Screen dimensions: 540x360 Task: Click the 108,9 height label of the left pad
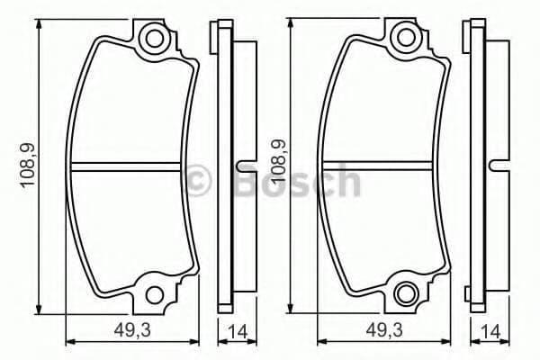point(28,166)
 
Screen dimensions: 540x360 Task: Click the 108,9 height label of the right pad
point(279,160)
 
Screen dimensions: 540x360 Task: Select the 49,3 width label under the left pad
point(132,331)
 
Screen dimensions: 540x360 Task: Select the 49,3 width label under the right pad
point(384,331)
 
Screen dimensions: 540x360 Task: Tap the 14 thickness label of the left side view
point(238,332)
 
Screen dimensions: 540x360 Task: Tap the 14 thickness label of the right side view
point(490,332)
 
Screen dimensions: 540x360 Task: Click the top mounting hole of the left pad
point(154,38)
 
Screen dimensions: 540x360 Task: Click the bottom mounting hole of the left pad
point(154,295)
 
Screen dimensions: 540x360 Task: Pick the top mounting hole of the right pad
point(406,38)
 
